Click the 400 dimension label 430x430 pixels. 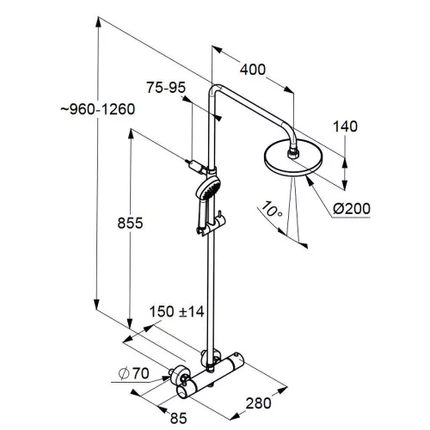(253, 70)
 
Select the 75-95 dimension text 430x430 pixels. (166, 88)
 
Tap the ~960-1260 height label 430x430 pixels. (98, 109)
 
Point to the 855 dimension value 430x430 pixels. (130, 223)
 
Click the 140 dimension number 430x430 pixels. (346, 126)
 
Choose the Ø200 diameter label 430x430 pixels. (352, 208)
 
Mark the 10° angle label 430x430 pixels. (270, 209)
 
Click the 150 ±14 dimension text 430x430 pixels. (176, 311)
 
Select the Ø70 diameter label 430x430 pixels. (134, 373)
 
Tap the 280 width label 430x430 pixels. (258, 403)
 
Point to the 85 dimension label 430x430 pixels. (178, 418)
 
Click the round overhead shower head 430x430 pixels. (293, 157)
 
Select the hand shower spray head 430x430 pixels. (208, 187)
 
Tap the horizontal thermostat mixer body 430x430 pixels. (211, 376)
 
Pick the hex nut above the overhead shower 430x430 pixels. (293, 152)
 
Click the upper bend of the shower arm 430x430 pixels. (215, 89)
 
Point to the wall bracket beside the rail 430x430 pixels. (197, 166)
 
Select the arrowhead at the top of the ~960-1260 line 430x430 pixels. (98, 23)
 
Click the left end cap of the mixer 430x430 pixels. (183, 391)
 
